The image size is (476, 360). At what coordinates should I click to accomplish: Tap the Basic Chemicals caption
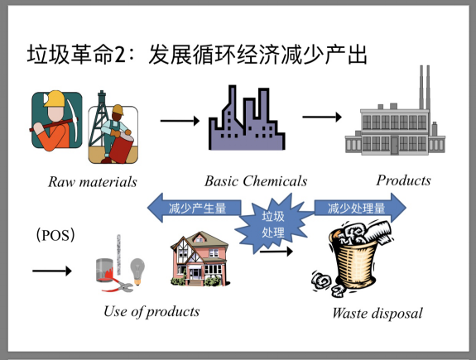(x=256, y=181)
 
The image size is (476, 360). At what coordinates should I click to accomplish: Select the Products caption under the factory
(x=403, y=180)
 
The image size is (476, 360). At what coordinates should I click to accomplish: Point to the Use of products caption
(x=151, y=311)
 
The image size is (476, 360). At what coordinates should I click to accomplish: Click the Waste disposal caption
(x=377, y=313)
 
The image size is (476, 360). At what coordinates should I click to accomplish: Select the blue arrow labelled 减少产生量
(x=197, y=208)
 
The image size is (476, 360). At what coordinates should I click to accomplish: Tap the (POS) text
(x=56, y=235)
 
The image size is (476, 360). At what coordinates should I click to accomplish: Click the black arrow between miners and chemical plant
(x=180, y=121)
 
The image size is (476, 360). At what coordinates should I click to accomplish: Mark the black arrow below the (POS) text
(x=51, y=270)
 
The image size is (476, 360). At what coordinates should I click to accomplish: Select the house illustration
(x=199, y=257)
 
